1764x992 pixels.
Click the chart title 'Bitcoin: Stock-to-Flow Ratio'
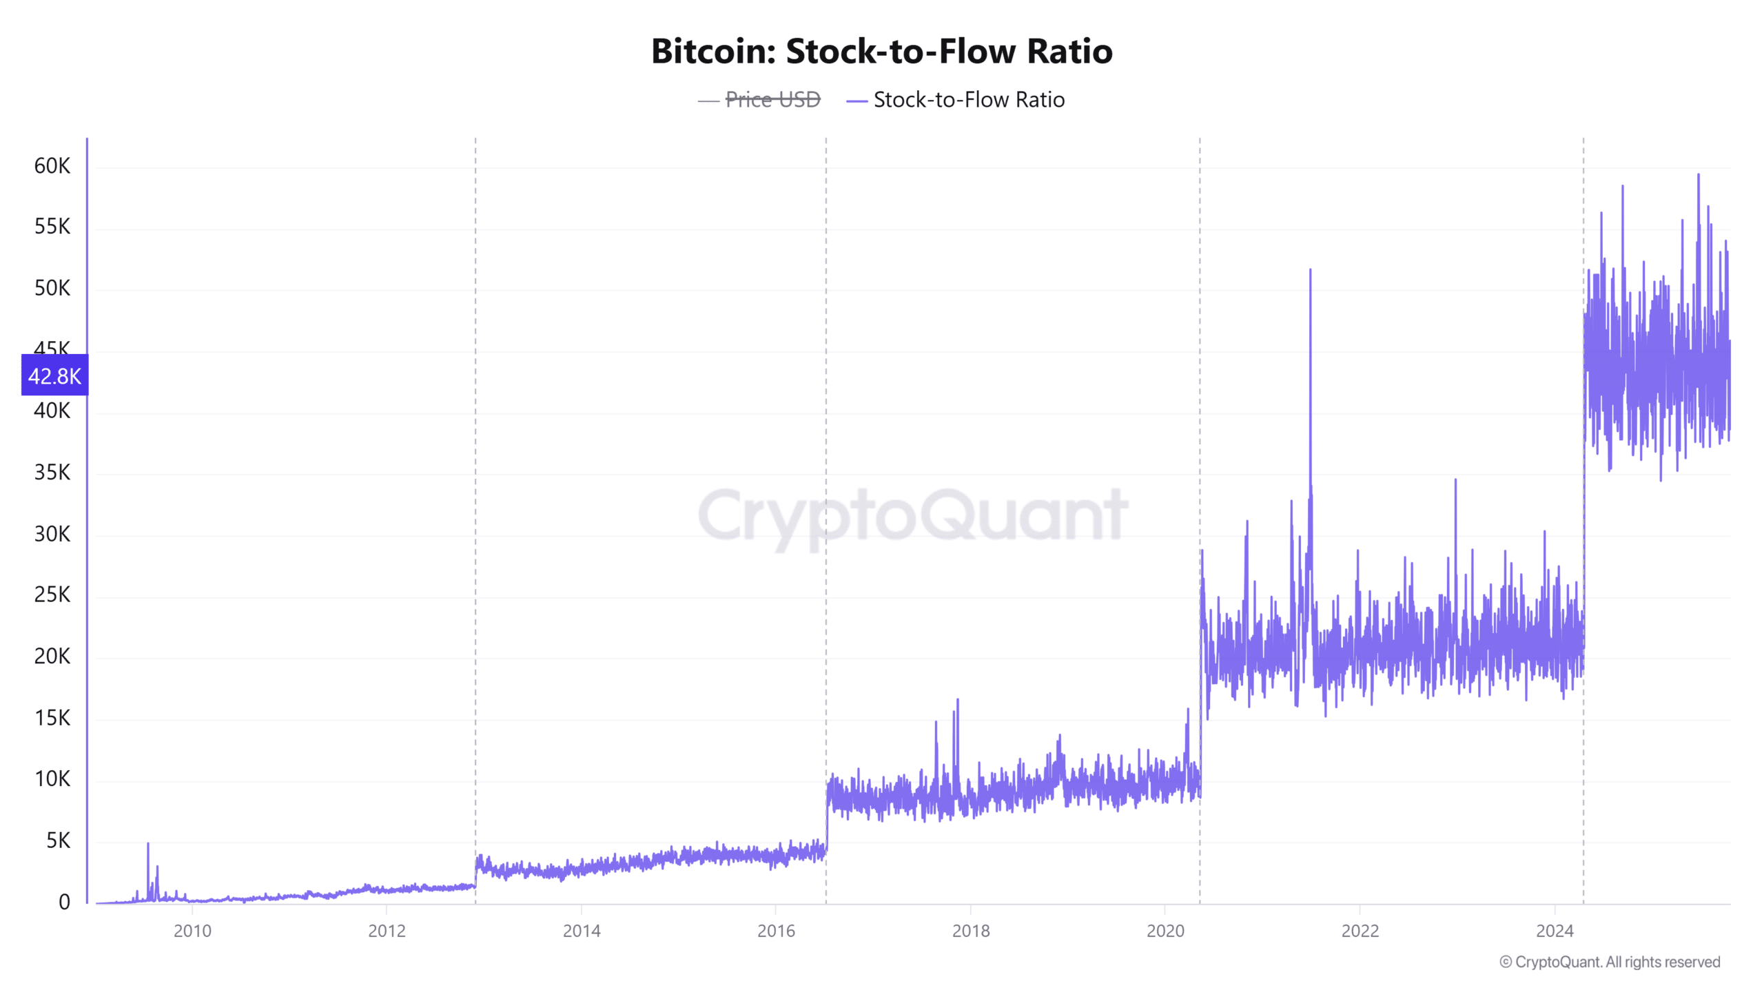click(x=881, y=51)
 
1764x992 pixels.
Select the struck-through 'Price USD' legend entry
click(x=772, y=100)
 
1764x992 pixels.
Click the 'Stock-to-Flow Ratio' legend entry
click(x=968, y=100)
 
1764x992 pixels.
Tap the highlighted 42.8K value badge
click(x=54, y=375)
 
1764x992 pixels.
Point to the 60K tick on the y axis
click(x=52, y=165)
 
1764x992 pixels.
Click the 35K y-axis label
click(x=52, y=472)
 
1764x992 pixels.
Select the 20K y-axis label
click(x=52, y=656)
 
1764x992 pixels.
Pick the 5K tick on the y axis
click(x=58, y=840)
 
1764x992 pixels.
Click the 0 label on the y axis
click(x=64, y=901)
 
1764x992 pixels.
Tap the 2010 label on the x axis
click(x=192, y=931)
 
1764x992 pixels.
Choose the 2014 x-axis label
click(x=582, y=931)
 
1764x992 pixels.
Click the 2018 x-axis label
click(x=970, y=931)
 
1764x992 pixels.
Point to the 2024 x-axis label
click(x=1555, y=931)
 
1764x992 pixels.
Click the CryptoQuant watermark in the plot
click(x=913, y=515)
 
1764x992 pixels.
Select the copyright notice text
click(x=1610, y=962)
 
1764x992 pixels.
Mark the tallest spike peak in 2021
click(x=1310, y=270)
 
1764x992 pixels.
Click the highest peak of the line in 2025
click(x=1699, y=175)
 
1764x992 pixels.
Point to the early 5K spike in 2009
click(x=147, y=844)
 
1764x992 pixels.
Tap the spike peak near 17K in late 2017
click(x=957, y=700)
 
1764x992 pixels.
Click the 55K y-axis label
click(x=52, y=227)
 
